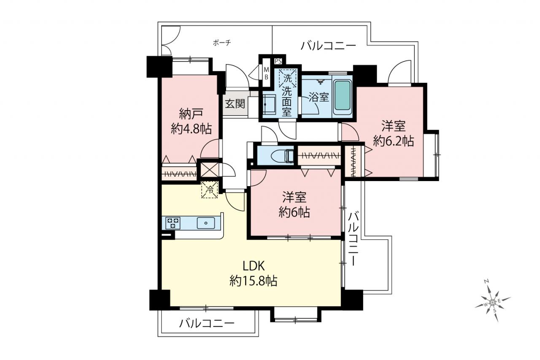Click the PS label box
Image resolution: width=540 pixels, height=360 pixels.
[278, 61]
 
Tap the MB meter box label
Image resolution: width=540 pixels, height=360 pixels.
[266, 73]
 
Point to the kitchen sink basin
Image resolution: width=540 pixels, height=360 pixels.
[206, 223]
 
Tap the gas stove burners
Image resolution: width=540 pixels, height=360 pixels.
[173, 223]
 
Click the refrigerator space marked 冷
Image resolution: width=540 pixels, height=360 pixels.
[210, 190]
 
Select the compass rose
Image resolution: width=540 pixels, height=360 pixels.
[493, 301]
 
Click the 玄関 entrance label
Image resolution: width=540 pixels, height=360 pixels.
[235, 104]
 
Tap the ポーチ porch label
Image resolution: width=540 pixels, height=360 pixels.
[222, 43]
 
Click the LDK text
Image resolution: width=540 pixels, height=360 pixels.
[254, 266]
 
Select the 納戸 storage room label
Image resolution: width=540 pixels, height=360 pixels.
[191, 114]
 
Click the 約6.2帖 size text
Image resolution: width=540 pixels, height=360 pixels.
[394, 141]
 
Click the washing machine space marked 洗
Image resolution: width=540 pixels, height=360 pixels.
[287, 78]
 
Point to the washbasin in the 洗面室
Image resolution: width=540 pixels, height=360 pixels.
[269, 104]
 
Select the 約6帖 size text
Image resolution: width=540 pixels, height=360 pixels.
[294, 212]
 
